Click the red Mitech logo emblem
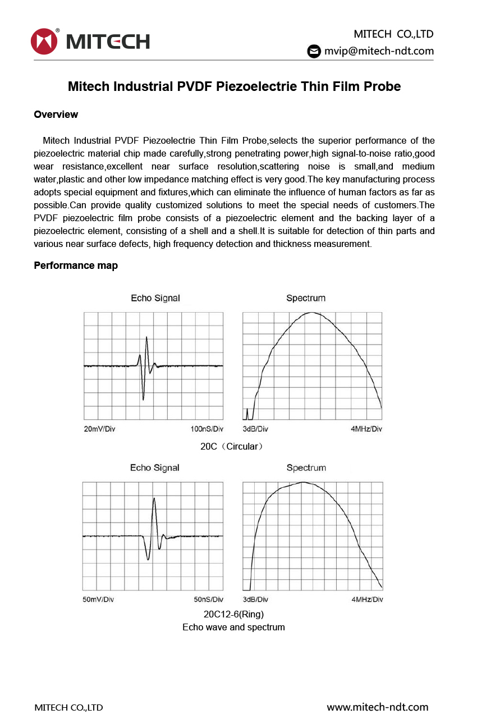[45, 42]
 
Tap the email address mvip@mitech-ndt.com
[379, 51]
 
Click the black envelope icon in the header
[314, 51]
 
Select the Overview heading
[56, 115]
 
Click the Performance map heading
[76, 265]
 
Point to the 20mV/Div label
[99, 429]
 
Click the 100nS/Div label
[207, 429]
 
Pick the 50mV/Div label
[98, 599]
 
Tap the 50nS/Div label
[208, 599]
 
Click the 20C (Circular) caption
[232, 447]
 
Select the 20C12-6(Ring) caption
[233, 614]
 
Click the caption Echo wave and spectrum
[233, 627]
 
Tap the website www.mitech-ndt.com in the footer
[378, 707]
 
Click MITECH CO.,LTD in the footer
[68, 708]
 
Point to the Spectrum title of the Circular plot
[306, 298]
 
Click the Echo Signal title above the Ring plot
[155, 468]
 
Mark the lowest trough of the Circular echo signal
[144, 400]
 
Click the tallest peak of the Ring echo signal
[154, 498]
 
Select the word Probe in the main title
[382, 86]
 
